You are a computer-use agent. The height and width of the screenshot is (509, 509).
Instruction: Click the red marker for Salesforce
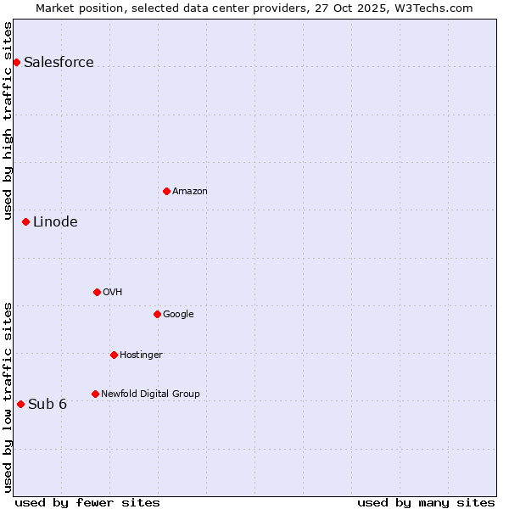point(16,62)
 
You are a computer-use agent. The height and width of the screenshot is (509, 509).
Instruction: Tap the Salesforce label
point(59,62)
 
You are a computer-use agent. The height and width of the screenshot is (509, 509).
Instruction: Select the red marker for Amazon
point(166,191)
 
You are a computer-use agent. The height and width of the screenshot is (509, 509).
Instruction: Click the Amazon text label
point(190,192)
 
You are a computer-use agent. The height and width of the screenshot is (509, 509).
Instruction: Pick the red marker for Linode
point(25,221)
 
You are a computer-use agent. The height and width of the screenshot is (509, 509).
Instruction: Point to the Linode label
point(55,222)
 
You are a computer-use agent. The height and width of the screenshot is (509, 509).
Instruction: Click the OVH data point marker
point(97,292)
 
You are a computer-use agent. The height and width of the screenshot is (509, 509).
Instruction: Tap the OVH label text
point(113,293)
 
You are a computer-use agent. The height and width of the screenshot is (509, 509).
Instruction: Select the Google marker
point(157,314)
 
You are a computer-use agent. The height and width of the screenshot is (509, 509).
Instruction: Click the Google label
point(178,315)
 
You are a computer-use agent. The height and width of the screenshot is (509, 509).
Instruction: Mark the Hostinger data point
point(114,355)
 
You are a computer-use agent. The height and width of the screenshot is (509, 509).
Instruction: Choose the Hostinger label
point(141,355)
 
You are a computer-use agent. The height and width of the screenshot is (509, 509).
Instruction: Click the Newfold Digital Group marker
point(95,394)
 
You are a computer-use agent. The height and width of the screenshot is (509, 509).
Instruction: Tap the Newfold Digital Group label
point(150,394)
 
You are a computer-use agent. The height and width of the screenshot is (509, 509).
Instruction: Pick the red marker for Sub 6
point(20,404)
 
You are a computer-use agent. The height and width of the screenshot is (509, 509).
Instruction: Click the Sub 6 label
point(48,404)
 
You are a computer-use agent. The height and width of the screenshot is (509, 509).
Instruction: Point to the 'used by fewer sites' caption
point(87,502)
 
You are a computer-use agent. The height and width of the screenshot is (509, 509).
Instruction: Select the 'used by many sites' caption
point(426,502)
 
